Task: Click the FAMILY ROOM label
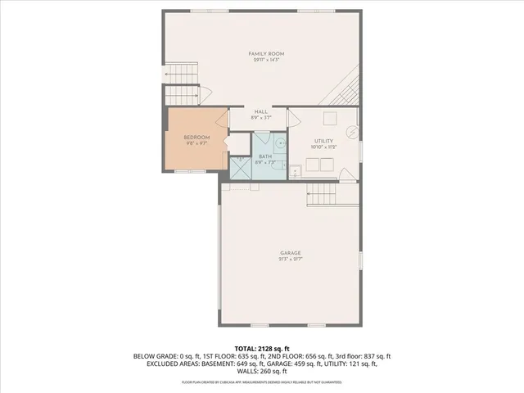pos(260,54)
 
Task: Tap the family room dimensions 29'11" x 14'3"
pos(260,61)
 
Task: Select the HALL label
pos(260,111)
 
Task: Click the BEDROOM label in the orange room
pos(196,137)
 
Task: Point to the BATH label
pos(265,156)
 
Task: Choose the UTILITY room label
pos(324,141)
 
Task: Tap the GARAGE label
pos(291,253)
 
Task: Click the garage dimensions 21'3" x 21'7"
pos(291,260)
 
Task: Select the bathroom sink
pos(281,141)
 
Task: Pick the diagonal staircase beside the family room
pos(348,86)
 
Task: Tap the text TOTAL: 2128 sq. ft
pos(261,348)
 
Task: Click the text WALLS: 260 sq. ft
pos(261,372)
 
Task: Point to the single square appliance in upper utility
pos(329,118)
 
